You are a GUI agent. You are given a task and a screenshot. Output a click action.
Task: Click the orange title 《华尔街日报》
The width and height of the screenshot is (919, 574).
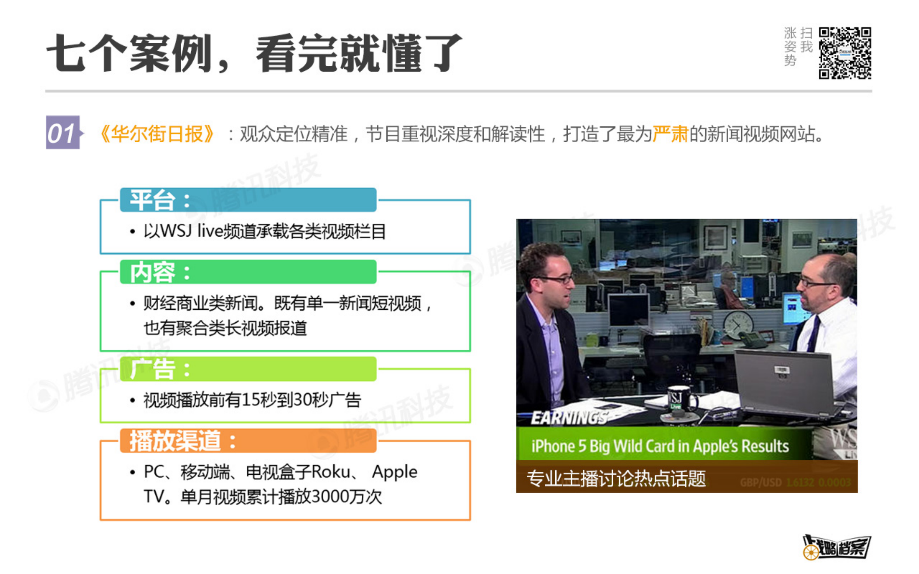tap(157, 134)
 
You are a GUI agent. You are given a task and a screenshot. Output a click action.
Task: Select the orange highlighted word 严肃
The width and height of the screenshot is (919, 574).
tap(670, 134)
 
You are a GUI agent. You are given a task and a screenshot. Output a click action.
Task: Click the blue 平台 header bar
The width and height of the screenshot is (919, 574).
tap(248, 200)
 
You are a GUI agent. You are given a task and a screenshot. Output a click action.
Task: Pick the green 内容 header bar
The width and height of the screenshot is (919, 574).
tap(248, 272)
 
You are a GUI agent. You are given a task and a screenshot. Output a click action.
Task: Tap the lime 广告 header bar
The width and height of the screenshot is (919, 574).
tap(248, 369)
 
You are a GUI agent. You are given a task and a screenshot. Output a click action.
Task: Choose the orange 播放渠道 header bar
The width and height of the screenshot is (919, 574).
tap(248, 441)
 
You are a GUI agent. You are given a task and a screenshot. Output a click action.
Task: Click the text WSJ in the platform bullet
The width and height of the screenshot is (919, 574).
tap(176, 231)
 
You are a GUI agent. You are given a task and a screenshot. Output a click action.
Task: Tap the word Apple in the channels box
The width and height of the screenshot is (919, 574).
tap(394, 472)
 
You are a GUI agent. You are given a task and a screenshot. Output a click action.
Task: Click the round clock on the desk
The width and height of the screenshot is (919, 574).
tap(738, 325)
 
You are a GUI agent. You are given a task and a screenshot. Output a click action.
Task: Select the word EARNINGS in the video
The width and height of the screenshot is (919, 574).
tap(568, 418)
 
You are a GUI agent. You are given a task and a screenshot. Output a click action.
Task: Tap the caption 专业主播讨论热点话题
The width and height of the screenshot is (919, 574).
tap(616, 478)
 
